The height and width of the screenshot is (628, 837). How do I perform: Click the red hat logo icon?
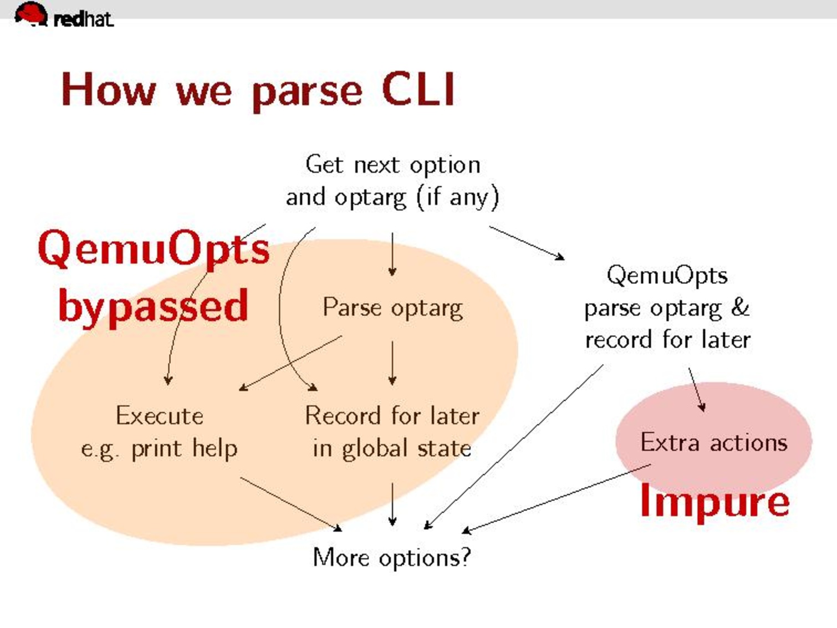click(x=31, y=14)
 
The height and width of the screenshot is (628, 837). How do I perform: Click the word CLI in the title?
click(x=418, y=90)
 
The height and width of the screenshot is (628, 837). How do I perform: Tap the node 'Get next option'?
click(x=393, y=165)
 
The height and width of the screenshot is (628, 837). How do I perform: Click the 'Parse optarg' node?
click(x=393, y=308)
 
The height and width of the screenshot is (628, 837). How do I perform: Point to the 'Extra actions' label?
click(x=714, y=442)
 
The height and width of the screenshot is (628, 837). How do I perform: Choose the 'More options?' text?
click(x=392, y=558)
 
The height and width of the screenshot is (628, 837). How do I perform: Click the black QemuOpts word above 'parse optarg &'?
click(x=667, y=275)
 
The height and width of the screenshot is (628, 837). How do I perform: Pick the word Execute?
click(x=160, y=415)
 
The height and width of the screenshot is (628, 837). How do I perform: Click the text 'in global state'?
click(x=392, y=448)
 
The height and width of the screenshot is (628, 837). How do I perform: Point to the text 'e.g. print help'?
click(x=160, y=449)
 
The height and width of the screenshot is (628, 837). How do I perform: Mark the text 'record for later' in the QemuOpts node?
click(x=668, y=339)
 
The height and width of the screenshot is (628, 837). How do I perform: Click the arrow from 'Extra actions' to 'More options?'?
click(x=557, y=498)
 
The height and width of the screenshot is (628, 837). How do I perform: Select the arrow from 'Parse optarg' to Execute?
click(x=290, y=363)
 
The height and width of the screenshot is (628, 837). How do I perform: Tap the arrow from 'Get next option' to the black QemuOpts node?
click(x=527, y=243)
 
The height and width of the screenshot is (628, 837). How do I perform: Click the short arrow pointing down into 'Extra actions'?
click(x=697, y=390)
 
